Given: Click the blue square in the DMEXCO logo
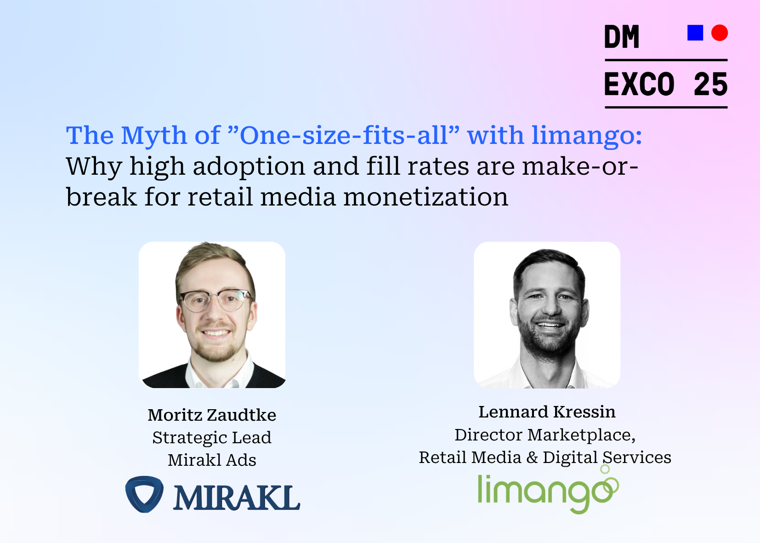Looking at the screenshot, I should click(x=695, y=33).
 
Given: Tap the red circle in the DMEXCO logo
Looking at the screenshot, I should click(x=719, y=33).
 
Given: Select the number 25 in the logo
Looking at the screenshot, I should click(x=710, y=85).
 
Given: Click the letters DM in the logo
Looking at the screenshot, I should click(x=622, y=37).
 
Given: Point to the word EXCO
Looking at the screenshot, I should click(x=639, y=85).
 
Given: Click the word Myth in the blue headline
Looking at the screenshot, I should click(x=154, y=136).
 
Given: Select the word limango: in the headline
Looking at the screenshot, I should click(x=587, y=136).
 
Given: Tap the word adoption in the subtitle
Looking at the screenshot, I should click(x=249, y=166).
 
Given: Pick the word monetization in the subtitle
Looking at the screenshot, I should click(x=425, y=197).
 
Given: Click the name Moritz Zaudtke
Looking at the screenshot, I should click(x=212, y=415).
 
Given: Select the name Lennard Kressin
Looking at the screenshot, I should click(x=547, y=412).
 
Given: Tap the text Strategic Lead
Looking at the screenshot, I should click(x=212, y=437).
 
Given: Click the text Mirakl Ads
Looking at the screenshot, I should click(x=212, y=460).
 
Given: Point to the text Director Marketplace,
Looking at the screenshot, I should click(x=545, y=434).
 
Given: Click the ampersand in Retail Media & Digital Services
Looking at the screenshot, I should click(x=532, y=457).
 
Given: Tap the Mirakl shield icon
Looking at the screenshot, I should click(x=144, y=494).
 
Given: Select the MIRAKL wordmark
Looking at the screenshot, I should click(x=236, y=497).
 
